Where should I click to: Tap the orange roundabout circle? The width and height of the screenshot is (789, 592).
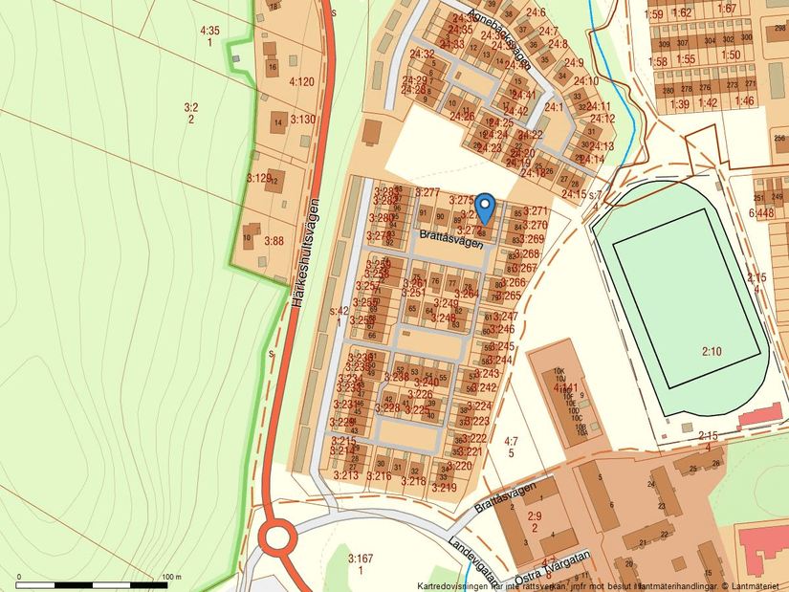(277, 537)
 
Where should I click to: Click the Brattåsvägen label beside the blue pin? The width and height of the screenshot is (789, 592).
(451, 238)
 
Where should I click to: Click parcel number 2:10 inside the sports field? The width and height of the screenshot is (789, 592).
(712, 352)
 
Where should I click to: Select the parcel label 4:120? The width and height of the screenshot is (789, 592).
(301, 81)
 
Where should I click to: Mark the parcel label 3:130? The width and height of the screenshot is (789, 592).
(302, 119)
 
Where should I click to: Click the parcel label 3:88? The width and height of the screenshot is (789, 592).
(274, 241)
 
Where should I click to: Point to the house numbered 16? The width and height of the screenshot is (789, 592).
(272, 68)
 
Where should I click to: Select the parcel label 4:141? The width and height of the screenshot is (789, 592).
(565, 388)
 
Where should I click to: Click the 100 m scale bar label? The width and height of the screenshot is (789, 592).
(172, 577)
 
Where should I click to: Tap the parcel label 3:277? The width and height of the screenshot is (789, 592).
(427, 193)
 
